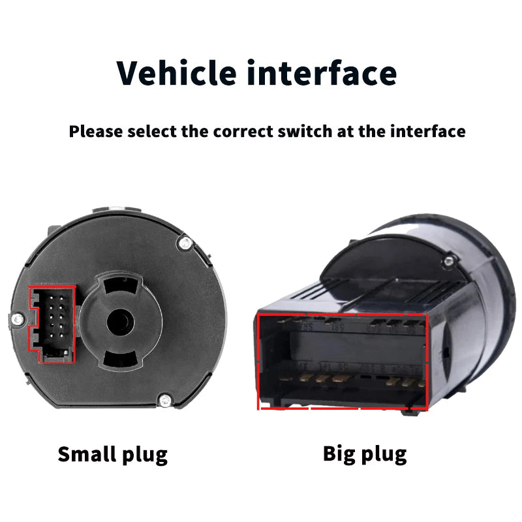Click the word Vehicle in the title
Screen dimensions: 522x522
[176, 73]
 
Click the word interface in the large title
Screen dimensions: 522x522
[322, 73]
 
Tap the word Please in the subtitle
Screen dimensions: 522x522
[96, 132]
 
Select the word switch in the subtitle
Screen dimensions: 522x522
[304, 131]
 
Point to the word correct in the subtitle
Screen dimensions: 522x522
[243, 132]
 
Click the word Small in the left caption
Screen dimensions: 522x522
[87, 453]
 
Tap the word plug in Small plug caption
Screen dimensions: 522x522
[145, 455]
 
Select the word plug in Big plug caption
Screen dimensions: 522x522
[384, 455]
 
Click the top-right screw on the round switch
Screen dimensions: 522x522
[185, 243]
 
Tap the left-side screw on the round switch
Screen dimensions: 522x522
[18, 319]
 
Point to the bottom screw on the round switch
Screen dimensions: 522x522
[165, 400]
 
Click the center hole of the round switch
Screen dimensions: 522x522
[120, 322]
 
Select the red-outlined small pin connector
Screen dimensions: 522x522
[52, 324]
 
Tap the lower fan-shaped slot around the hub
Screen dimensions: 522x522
[120, 360]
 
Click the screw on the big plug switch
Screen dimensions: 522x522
[449, 260]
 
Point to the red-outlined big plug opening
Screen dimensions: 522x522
[342, 361]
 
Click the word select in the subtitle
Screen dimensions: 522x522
[152, 131]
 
